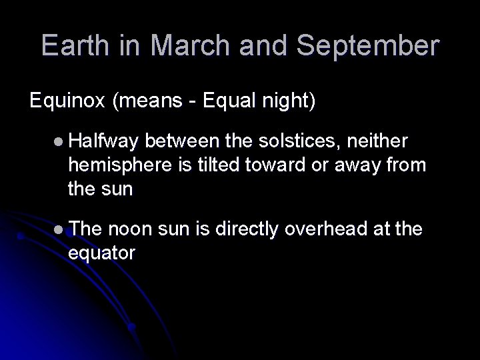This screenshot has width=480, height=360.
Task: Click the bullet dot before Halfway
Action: pos(60,142)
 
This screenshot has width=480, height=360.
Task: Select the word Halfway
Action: pos(103,141)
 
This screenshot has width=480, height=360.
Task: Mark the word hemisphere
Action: pos(120,165)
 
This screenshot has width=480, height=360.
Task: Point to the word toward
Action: pos(275,165)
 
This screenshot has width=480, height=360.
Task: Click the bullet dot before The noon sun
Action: pos(60,229)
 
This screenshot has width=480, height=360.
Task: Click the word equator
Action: pos(101,253)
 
